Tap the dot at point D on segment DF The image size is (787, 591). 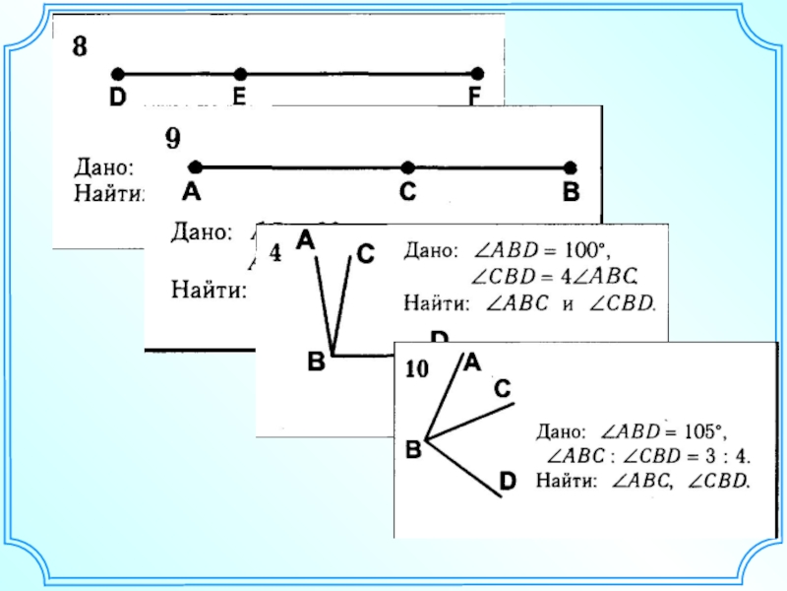tap(118, 74)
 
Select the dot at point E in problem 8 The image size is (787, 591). tap(240, 74)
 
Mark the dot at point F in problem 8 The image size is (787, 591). tap(477, 74)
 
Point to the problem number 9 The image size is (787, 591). tap(172, 139)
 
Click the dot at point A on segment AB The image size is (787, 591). tap(195, 167)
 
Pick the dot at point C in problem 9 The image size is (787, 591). tap(407, 167)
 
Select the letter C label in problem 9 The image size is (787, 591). tap(407, 194)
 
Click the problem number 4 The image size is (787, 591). tap(275, 253)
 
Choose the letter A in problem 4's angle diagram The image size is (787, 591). tap(306, 239)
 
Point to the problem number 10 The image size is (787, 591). tap(416, 369)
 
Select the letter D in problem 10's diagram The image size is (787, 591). tap(508, 481)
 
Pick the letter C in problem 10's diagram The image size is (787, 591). tap(502, 390)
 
